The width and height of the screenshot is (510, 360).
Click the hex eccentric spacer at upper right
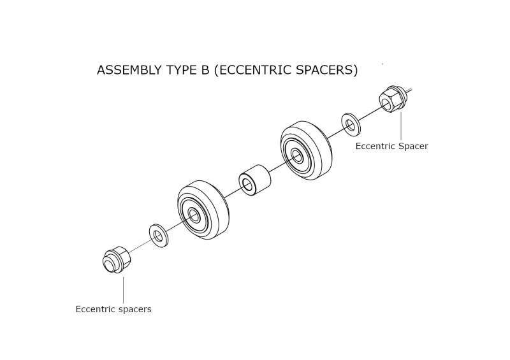pos(393,98)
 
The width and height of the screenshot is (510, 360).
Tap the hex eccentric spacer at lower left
pos(116,259)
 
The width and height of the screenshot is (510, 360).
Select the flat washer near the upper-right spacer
pos(351,124)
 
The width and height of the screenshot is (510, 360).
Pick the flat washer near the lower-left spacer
pos(158,235)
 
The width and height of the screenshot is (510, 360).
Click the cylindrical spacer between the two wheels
pos(254,180)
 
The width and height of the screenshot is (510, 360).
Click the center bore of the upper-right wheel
pos(296,155)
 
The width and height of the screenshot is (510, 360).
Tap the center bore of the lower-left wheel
pos(194,215)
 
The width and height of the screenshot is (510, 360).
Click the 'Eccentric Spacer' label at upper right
pos(391,146)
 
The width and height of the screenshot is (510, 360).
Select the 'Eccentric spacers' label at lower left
pos(113,309)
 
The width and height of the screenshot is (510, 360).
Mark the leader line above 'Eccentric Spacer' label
pos(401,127)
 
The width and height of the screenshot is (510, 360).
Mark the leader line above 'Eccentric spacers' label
pos(123,290)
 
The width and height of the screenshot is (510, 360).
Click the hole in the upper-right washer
pos(350,124)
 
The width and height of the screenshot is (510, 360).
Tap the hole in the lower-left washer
pos(158,236)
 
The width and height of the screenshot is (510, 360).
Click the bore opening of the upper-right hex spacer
pos(387,104)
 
